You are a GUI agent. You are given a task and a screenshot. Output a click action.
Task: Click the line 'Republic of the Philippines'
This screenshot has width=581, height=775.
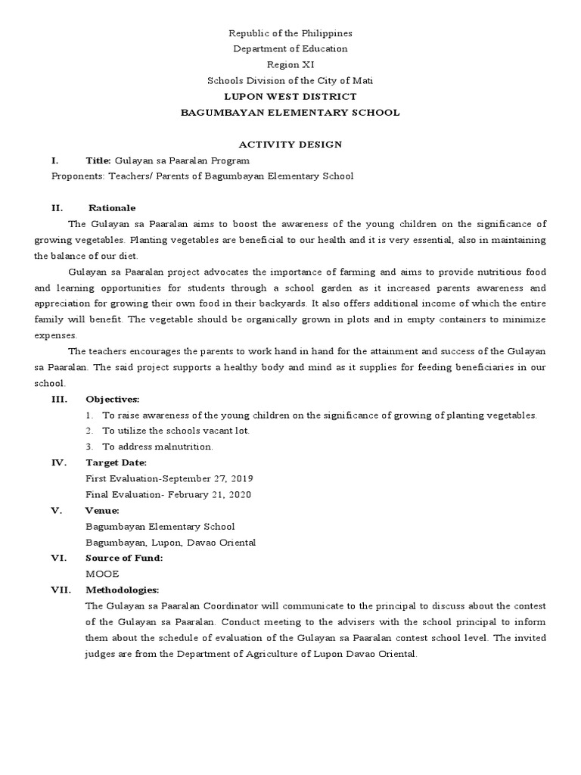pyautogui.click(x=290, y=34)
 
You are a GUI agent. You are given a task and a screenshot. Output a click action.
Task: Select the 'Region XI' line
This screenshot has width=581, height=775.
pyautogui.click(x=290, y=65)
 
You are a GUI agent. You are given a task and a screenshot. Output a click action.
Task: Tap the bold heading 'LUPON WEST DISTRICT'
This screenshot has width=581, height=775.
pyautogui.click(x=290, y=97)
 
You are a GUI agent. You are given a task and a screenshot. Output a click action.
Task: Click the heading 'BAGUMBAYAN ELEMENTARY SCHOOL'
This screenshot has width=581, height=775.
pyautogui.click(x=290, y=113)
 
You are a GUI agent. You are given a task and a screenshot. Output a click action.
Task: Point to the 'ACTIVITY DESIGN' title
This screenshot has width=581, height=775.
pyautogui.click(x=290, y=145)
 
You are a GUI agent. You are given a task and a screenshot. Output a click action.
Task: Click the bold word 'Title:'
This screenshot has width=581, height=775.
pyautogui.click(x=98, y=160)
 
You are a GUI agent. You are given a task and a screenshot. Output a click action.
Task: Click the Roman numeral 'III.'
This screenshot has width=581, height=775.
pyautogui.click(x=60, y=399)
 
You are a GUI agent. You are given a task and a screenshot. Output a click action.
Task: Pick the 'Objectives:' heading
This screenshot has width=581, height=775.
pyautogui.click(x=113, y=399)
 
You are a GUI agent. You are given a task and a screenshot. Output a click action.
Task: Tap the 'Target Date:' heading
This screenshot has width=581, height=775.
pyautogui.click(x=117, y=462)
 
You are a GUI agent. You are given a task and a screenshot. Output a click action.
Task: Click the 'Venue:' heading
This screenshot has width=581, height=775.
pyautogui.click(x=103, y=511)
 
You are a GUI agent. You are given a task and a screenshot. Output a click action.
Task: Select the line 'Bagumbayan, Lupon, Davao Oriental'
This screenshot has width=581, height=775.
pyautogui.click(x=171, y=543)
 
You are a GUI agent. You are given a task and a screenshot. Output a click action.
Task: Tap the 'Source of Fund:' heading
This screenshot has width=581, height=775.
pyautogui.click(x=124, y=558)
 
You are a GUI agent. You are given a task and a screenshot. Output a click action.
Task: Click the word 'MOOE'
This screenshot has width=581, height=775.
pyautogui.click(x=103, y=574)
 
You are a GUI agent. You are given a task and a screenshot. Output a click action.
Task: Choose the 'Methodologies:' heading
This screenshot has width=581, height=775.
pyautogui.click(x=123, y=590)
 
